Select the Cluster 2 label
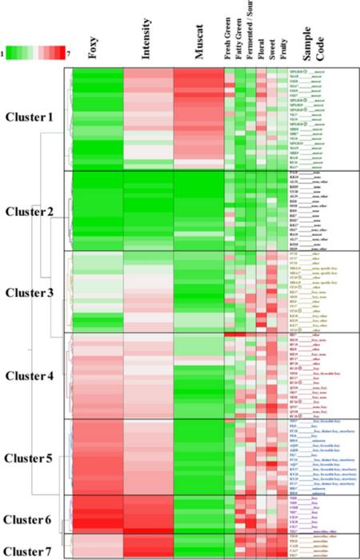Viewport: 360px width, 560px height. pos(29,211)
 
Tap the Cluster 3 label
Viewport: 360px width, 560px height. pos(29,292)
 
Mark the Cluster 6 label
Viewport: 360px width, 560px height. pos(29,520)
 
